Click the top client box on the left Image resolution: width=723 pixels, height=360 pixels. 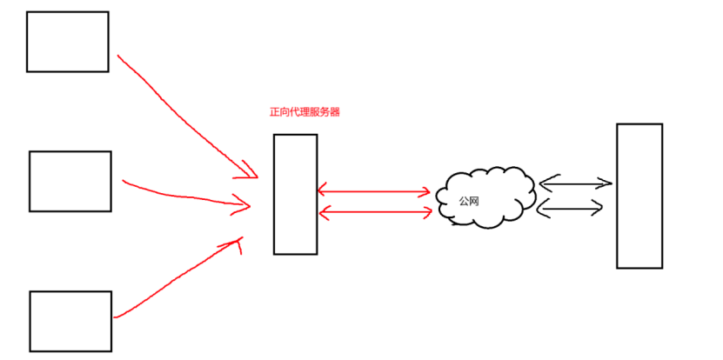(67, 42)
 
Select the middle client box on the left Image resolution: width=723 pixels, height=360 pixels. (70, 181)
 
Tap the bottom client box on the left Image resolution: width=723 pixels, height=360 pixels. (70, 321)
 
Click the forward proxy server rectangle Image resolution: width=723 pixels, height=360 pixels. (294, 194)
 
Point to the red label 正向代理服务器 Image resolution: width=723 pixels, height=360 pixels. (305, 112)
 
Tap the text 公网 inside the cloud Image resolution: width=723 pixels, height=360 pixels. (470, 201)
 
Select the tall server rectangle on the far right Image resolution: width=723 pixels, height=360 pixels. (639, 196)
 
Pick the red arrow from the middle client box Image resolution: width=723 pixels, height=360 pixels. (183, 197)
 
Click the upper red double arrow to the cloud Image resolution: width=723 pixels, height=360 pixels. (374, 191)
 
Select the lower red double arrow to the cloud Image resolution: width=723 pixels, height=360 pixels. (374, 211)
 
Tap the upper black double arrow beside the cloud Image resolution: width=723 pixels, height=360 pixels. (575, 183)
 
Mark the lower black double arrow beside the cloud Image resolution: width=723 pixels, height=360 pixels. (571, 207)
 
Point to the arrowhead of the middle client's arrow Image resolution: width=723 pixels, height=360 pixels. (244, 206)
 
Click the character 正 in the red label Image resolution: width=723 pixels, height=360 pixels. (275, 112)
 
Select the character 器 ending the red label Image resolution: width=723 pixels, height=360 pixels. (335, 112)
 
